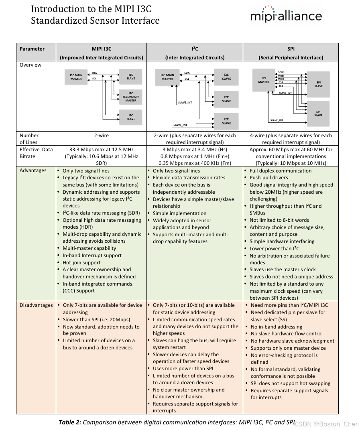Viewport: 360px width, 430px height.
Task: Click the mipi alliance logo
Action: click(286, 15)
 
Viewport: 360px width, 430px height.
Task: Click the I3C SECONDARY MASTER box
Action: click(130, 97)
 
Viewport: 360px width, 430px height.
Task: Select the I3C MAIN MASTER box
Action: click(76, 77)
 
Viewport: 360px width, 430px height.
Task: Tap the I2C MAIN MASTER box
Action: click(167, 77)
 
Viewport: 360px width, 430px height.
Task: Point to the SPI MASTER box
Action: click(263, 79)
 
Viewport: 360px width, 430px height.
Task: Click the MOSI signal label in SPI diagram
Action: click(281, 75)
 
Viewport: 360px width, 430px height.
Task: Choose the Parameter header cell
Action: click(32, 49)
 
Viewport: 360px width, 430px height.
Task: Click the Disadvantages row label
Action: click(36, 305)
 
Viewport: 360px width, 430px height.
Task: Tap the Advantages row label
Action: click(33, 170)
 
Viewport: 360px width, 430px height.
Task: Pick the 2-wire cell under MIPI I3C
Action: click(102, 136)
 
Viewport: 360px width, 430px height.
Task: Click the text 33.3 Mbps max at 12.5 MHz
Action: click(102, 150)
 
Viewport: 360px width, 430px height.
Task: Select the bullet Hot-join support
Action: click(81, 263)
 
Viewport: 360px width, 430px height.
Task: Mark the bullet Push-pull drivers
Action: click(268, 178)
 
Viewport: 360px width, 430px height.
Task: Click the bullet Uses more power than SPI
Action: click(183, 369)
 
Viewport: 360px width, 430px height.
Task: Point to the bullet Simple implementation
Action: click(179, 213)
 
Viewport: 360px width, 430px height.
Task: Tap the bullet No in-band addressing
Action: click(277, 327)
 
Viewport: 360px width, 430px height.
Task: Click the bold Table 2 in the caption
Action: click(70, 422)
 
